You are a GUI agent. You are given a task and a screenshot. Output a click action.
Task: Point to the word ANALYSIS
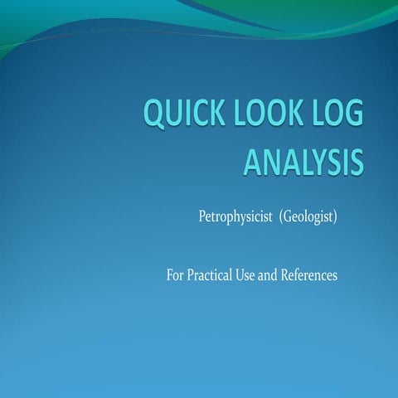303,162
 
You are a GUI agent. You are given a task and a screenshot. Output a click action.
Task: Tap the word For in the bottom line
175,275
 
